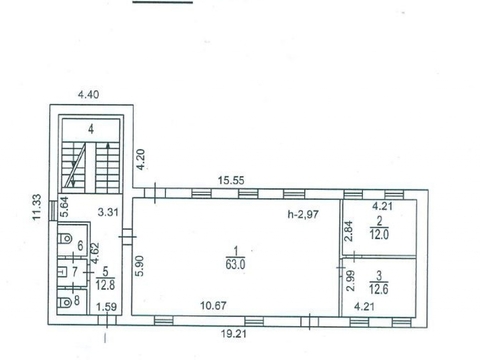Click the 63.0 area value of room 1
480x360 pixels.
pos(235,264)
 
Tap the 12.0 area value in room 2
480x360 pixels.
pos(379,235)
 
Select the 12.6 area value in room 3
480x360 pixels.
pos(379,289)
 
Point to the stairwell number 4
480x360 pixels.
pos(91,129)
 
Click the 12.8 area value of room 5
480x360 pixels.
pos(105,285)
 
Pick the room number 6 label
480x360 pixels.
pos(80,246)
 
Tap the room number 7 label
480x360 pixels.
pos(75,272)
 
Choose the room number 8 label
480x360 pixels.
pos(76,300)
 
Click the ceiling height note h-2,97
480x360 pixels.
pos(303,214)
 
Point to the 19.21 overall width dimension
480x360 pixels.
pos(234,334)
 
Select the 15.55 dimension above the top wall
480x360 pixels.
pos(231,181)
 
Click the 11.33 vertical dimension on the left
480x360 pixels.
pos(37,207)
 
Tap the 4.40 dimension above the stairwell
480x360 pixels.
pos(88,95)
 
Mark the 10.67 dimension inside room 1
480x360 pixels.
pos(213,305)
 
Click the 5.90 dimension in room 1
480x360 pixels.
pos(140,266)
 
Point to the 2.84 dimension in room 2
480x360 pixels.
pos(349,231)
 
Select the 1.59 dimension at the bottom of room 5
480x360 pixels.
pos(106,307)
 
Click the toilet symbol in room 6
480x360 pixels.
pos(65,238)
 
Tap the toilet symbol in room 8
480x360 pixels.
pos(65,302)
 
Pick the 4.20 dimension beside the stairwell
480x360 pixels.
pos(141,159)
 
